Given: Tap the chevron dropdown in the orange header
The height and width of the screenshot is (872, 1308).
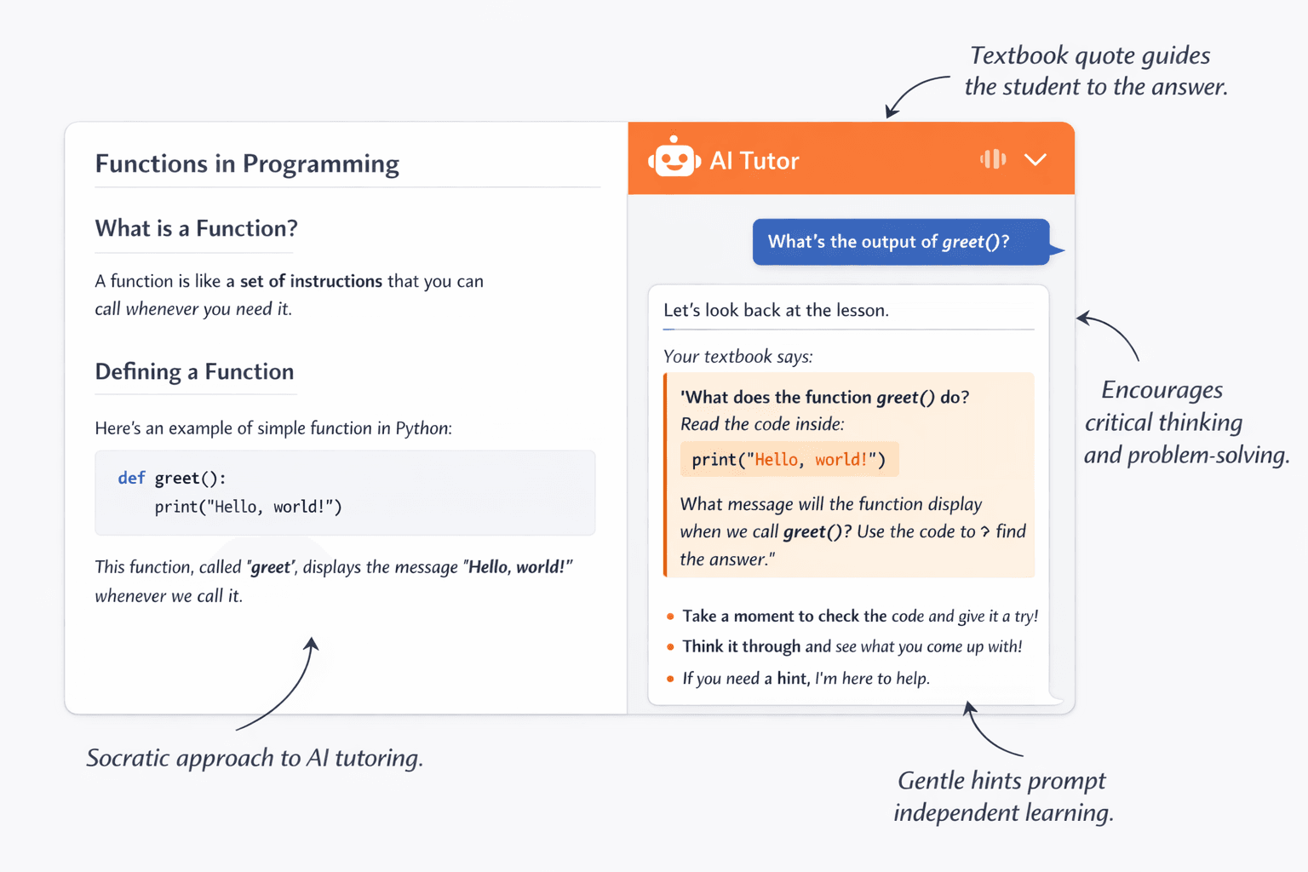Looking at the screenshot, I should click(1035, 159).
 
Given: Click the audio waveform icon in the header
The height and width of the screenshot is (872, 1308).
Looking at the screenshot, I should click(993, 158).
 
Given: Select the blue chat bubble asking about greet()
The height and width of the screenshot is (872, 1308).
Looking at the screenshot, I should click(900, 242).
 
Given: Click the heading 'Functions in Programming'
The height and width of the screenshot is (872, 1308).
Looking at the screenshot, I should click(247, 163).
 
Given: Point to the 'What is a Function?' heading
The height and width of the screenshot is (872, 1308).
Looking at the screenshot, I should click(196, 228).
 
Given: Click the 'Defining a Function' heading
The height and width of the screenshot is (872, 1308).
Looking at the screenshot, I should click(194, 371).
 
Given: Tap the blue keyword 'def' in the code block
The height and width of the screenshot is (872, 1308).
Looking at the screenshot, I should click(131, 478).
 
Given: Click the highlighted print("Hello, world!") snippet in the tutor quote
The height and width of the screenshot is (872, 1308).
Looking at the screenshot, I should click(789, 460).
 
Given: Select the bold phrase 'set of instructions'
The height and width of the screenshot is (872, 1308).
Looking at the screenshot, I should click(311, 281).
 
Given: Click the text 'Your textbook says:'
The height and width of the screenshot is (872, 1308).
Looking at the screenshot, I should click(737, 356).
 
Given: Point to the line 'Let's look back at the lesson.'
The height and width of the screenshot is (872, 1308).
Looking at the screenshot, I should click(776, 310).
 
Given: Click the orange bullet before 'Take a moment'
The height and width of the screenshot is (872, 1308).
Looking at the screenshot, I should click(670, 617).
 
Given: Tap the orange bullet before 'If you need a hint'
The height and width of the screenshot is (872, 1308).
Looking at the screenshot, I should click(670, 679).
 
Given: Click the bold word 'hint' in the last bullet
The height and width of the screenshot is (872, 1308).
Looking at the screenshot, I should click(792, 679).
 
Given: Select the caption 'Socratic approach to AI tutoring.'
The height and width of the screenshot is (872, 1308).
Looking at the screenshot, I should click(255, 758).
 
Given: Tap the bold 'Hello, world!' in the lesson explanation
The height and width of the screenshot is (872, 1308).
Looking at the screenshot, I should click(518, 567).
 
